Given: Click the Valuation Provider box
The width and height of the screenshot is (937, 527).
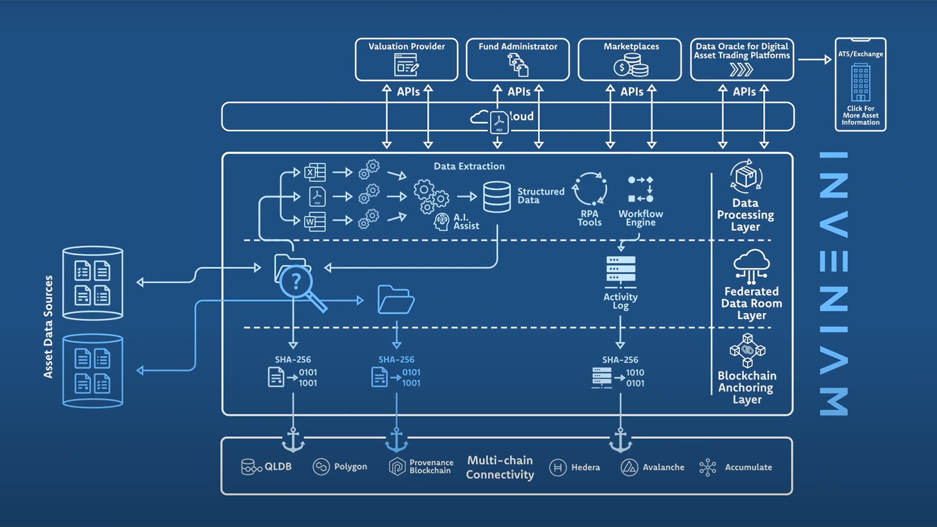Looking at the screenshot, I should pyautogui.click(x=407, y=60).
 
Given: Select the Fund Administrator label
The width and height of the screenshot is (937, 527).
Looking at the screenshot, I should pyautogui.click(x=518, y=47).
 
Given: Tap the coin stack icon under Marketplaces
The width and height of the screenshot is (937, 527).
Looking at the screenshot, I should pyautogui.click(x=631, y=65).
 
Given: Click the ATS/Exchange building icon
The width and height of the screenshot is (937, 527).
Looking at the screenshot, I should pyautogui.click(x=860, y=82).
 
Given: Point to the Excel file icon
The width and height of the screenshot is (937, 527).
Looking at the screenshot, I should pyautogui.click(x=315, y=172).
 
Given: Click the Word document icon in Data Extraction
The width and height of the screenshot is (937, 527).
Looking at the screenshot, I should pyautogui.click(x=315, y=222).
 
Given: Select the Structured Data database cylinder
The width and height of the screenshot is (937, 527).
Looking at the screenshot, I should pyautogui.click(x=497, y=197).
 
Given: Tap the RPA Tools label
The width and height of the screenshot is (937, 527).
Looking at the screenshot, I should pyautogui.click(x=590, y=218).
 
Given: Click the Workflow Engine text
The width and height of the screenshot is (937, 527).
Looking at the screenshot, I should pyautogui.click(x=641, y=218).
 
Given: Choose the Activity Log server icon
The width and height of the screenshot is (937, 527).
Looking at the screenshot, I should pyautogui.click(x=621, y=269).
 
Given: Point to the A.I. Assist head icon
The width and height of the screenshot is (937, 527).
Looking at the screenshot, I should pyautogui.click(x=442, y=222).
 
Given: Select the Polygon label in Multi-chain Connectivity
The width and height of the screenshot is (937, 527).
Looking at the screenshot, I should pyautogui.click(x=350, y=467).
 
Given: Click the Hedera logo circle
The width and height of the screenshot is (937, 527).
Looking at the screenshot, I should pyautogui.click(x=558, y=467).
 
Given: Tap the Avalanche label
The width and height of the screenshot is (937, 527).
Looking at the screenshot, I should pyautogui.click(x=663, y=467).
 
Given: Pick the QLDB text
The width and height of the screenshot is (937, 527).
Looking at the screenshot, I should pyautogui.click(x=278, y=467).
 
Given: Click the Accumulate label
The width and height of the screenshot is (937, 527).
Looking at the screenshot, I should pyautogui.click(x=748, y=467).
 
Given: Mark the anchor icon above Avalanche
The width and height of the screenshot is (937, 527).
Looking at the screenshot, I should pyautogui.click(x=620, y=440).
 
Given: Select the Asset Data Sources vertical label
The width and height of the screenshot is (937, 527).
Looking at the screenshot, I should pyautogui.click(x=48, y=327).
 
